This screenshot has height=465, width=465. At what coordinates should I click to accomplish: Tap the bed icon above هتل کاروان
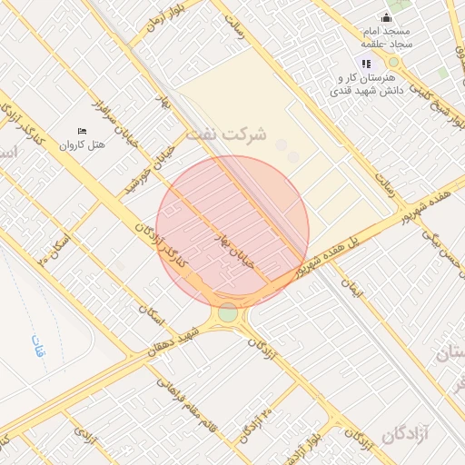click(83, 132)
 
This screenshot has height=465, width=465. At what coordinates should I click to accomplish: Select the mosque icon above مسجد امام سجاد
click(386, 17)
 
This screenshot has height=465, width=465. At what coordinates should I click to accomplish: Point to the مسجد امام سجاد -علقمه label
click(386, 37)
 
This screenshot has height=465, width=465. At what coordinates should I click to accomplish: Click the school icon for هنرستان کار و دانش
click(366, 64)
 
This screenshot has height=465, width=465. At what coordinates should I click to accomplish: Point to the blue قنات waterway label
click(37, 348)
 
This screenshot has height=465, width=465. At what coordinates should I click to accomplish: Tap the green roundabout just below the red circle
click(227, 313)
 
